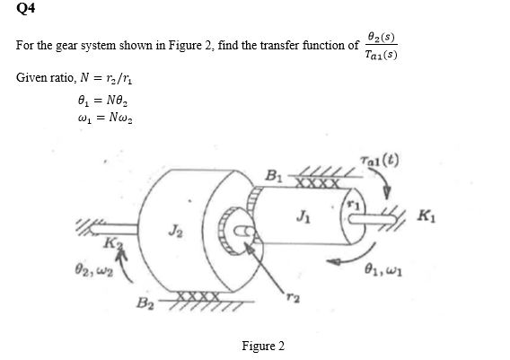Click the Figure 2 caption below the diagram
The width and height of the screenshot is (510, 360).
pos(262,347)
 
